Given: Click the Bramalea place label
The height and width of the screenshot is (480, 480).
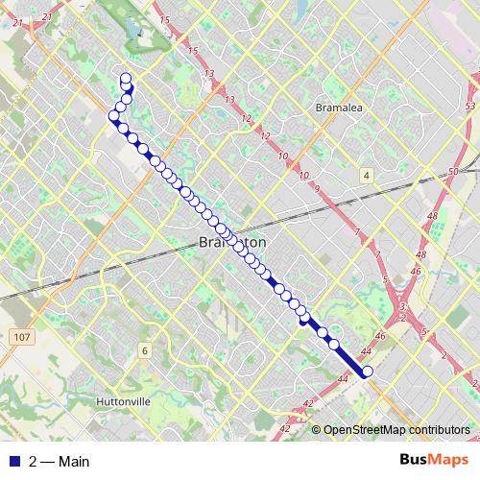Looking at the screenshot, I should (337, 108).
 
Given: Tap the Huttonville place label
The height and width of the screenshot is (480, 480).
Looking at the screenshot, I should (125, 400).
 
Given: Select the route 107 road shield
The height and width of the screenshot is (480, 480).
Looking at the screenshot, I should (22, 337).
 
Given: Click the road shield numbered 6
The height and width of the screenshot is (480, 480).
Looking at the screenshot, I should (144, 350).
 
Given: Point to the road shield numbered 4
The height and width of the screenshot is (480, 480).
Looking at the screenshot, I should (366, 175).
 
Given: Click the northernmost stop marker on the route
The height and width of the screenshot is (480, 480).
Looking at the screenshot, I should (126, 78).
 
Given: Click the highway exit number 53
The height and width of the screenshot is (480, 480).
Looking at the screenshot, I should (468, 105).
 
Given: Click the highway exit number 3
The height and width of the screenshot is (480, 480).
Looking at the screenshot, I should (402, 306).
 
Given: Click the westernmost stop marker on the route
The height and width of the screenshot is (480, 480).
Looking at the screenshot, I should (113, 116).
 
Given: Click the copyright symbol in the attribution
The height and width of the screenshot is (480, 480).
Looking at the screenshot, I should (317, 430).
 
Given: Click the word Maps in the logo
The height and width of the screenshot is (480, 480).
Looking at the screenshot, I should (447, 460).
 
